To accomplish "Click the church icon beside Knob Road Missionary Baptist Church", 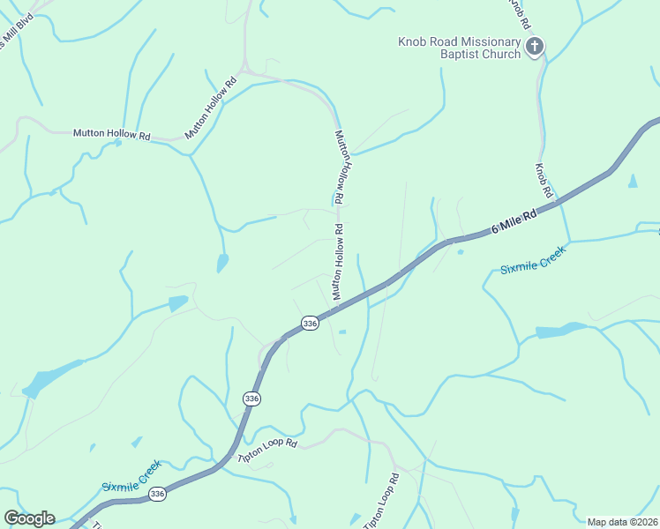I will coord(534,46).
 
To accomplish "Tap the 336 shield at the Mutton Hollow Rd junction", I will coord(309,324).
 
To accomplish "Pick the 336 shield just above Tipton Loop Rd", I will coord(252,399).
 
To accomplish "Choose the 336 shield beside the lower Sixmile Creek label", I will coord(157,494).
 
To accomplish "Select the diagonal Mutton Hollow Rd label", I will coord(211,109).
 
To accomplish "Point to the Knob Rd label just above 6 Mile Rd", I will coord(544,180).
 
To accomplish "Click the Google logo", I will coord(29,518).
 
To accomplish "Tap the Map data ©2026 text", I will coord(623,522).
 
